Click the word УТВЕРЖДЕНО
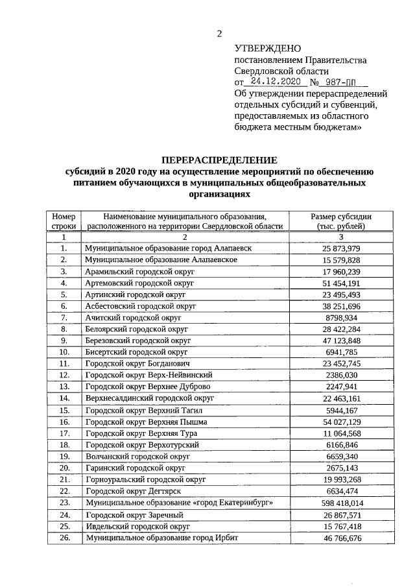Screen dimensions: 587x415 pos(268,49)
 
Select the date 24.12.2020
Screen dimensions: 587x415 pos(276,83)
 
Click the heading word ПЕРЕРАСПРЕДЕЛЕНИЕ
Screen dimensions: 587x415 pos(219,160)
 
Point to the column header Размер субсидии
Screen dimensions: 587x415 pos(340,216)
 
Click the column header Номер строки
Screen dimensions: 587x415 pos(64,221)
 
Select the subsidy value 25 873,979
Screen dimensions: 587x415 pos(340,248)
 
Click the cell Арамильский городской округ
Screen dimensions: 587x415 pos(139,271)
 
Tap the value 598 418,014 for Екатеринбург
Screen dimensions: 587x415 pos(340,503)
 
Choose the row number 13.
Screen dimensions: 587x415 pos(64,387)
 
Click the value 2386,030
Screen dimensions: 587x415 pos(340,375)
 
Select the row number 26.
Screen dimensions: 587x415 pos(64,538)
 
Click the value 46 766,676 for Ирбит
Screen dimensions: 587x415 pos(340,538)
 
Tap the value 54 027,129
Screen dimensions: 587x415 pos(340,422)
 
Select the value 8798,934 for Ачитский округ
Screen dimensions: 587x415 pos(340,318)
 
